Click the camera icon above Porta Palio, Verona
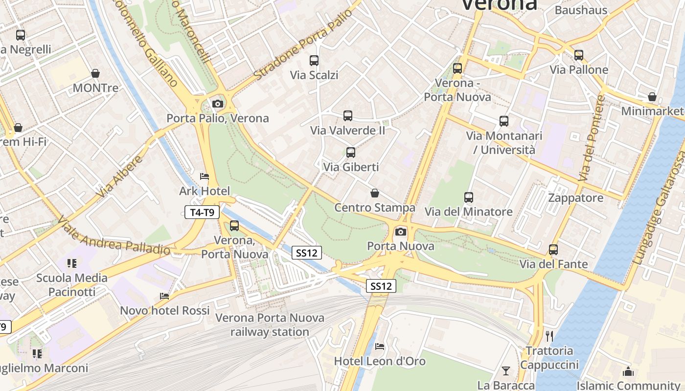pyautogui.click(x=218, y=104)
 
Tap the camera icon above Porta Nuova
pyautogui.click(x=401, y=232)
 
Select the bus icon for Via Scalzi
pyautogui.click(x=314, y=61)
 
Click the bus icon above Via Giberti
pyautogui.click(x=350, y=152)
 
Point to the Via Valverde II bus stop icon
pyautogui.click(x=348, y=116)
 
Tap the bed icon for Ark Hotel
pyautogui.click(x=205, y=176)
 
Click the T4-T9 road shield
pyautogui.click(x=202, y=212)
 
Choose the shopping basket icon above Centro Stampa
pyautogui.click(x=375, y=193)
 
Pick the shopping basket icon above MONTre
pyautogui.click(x=95, y=73)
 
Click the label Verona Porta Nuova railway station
pyautogui.click(x=270, y=325)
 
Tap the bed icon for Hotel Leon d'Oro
pyautogui.click(x=380, y=347)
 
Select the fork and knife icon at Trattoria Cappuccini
pyautogui.click(x=549, y=336)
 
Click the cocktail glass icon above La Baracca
pyautogui.click(x=506, y=370)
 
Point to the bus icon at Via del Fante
pyautogui.click(x=553, y=249)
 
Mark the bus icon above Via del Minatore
pyautogui.click(x=469, y=197)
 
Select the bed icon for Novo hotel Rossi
pyautogui.click(x=165, y=296)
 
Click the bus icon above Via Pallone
pyautogui.click(x=579, y=55)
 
